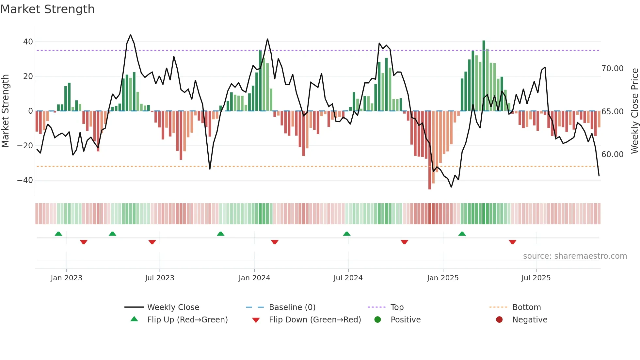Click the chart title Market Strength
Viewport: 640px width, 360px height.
pyautogui.click(x=47, y=9)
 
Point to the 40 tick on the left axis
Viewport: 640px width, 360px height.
pyautogui.click(x=28, y=42)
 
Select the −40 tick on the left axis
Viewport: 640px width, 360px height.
pyautogui.click(x=25, y=180)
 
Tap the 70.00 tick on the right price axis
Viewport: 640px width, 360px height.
pyautogui.click(x=612, y=69)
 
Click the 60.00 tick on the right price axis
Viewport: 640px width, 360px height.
pyautogui.click(x=612, y=155)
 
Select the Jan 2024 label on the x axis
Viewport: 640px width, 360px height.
pyautogui.click(x=254, y=278)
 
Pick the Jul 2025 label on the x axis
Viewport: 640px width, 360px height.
pyautogui.click(x=536, y=278)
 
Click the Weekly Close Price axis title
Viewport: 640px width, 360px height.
pyautogui.click(x=634, y=111)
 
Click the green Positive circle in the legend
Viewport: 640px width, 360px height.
pyautogui.click(x=378, y=320)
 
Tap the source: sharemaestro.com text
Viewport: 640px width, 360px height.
pyautogui.click(x=575, y=256)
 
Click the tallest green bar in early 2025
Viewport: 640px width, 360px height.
pyautogui.click(x=484, y=75)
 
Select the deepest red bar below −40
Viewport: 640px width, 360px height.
pyautogui.click(x=430, y=150)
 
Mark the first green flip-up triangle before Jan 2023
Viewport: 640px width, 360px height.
pyautogui.click(x=58, y=234)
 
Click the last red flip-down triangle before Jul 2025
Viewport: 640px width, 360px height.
pyautogui.click(x=512, y=242)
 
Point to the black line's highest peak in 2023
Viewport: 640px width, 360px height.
pyautogui.click(x=131, y=35)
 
